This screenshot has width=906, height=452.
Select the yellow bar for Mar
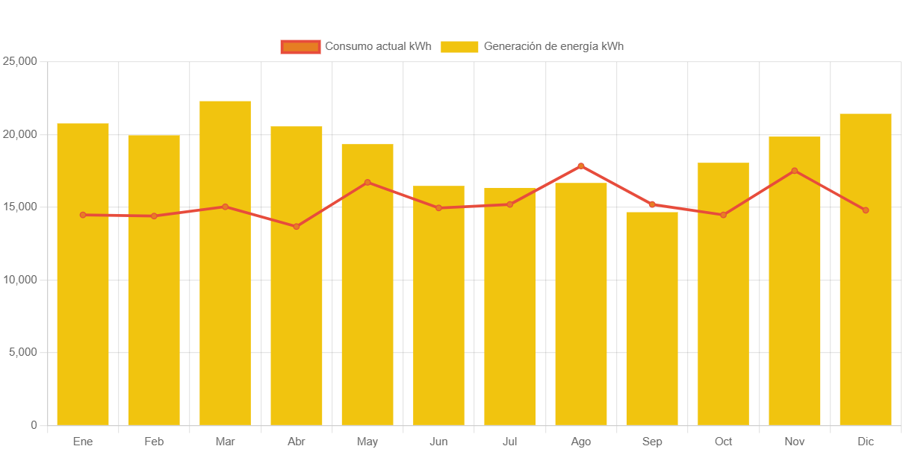coord(225,298)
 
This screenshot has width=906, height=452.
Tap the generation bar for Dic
coord(866,298)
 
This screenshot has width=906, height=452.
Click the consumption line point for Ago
coord(581,166)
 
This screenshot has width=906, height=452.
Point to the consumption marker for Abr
coord(297,226)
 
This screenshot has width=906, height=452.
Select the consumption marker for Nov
coord(795,171)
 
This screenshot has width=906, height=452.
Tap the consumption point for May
coord(367,182)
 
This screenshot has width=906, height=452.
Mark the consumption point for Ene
coord(83,215)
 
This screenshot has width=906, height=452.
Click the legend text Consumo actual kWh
coord(378,46)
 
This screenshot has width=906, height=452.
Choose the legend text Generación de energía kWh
coord(553,46)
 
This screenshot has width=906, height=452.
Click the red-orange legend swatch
coord(300,46)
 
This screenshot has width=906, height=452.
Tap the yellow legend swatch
coord(459,46)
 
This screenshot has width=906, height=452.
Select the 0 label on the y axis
coord(34,425)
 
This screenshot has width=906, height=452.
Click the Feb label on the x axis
coord(154,442)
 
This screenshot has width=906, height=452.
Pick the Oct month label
coord(723,442)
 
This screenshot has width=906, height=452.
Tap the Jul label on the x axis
coord(509,442)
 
